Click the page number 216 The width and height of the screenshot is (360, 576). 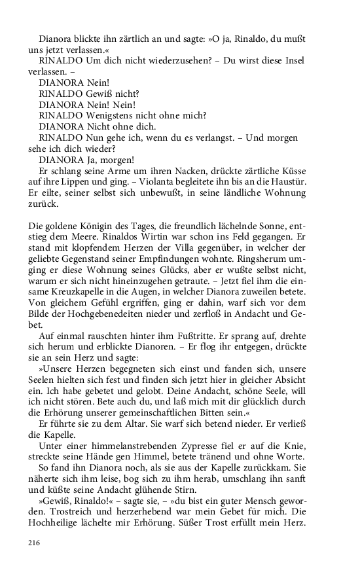35,543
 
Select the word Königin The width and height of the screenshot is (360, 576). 96,226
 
